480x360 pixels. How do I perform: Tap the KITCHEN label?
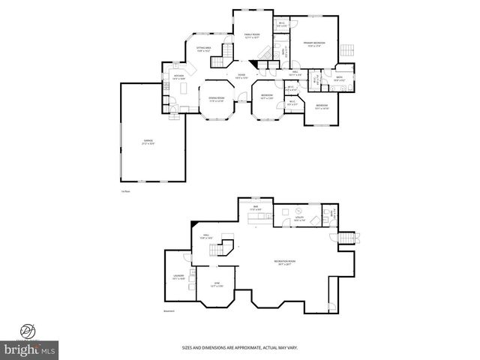pos(179,76)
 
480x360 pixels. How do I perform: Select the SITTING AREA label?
pos(203,50)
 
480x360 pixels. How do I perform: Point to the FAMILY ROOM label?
pos(250,36)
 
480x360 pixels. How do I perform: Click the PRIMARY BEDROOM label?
pos(313,44)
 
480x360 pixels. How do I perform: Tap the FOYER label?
pos(242,76)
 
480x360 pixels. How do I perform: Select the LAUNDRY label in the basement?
pos(178,277)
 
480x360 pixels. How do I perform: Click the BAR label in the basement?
pos(255,208)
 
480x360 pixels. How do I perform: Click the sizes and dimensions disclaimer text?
pos(239,347)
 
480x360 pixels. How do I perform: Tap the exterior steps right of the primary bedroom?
pos(346,51)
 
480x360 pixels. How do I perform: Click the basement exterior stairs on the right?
pos(346,239)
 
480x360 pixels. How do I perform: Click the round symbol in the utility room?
pos(298,211)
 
